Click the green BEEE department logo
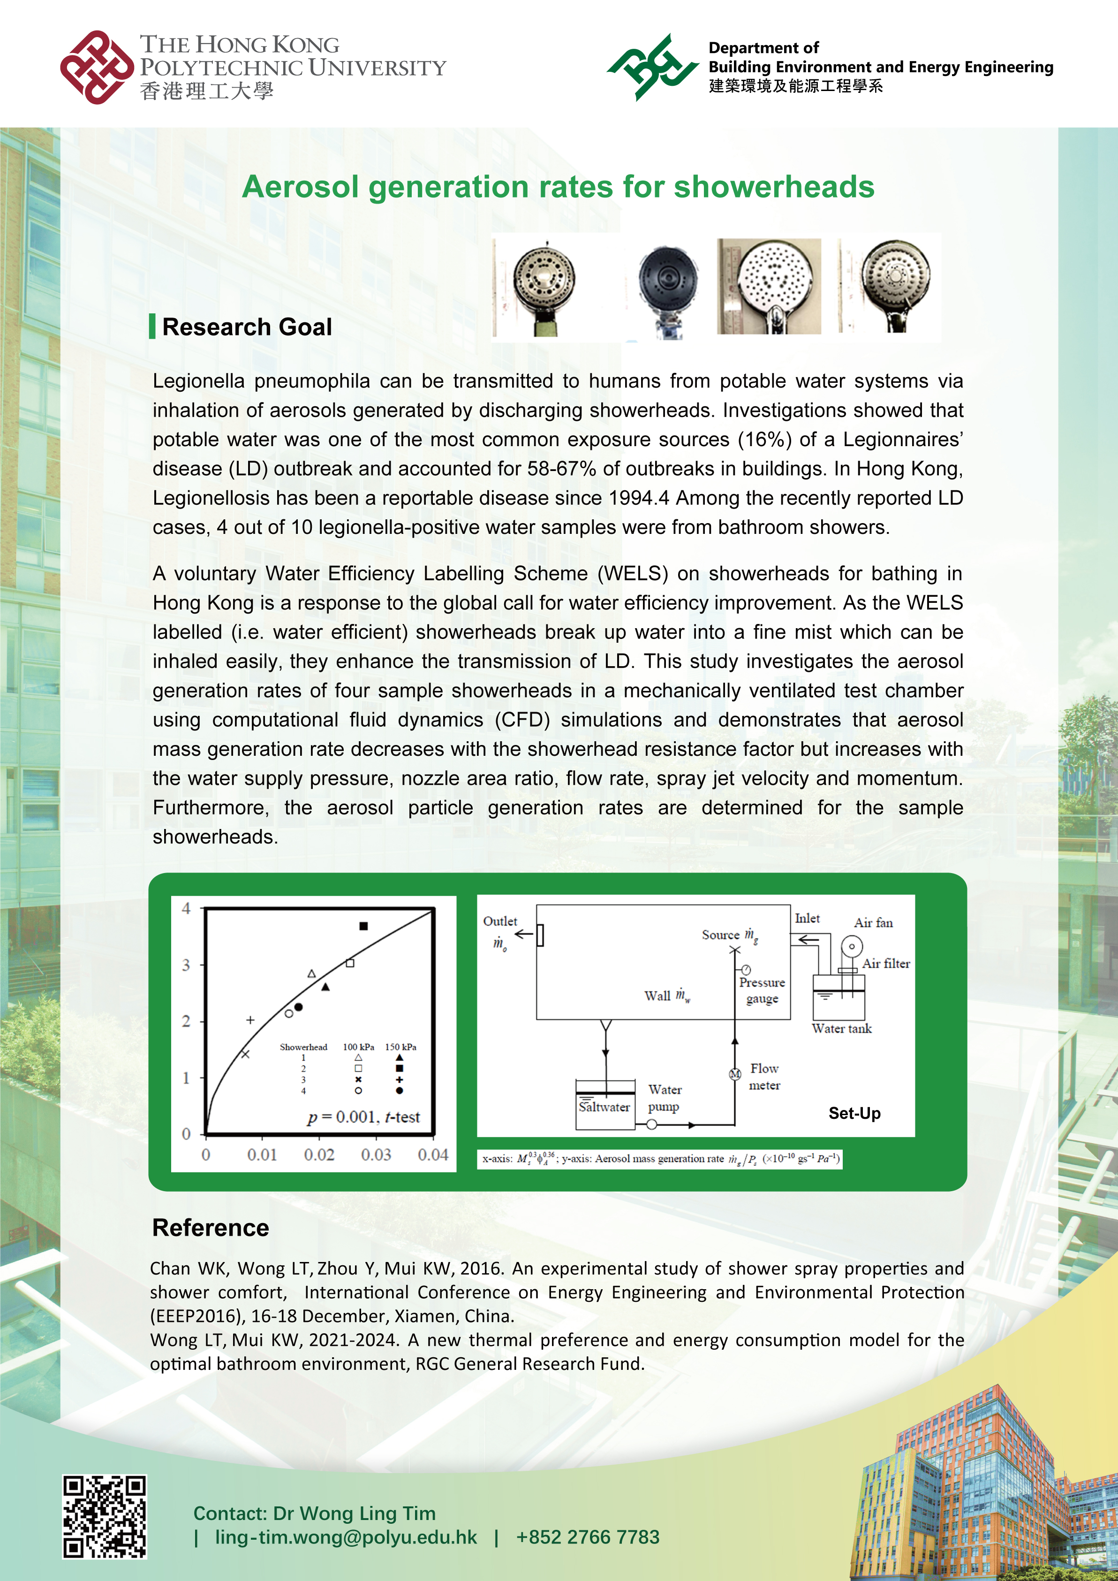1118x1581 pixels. tap(651, 67)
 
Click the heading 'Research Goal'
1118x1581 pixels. tap(247, 327)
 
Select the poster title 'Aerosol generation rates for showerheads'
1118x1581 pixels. tap(558, 187)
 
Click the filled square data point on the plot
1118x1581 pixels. tap(363, 926)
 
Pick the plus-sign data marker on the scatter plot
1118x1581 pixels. tap(250, 1020)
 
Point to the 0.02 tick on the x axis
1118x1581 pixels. tap(319, 1155)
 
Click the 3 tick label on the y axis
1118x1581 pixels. tap(186, 965)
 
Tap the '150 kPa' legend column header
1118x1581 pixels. tap(400, 1047)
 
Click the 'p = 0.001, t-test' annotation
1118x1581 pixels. tap(363, 1117)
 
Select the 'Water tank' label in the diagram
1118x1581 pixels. tap(841, 1029)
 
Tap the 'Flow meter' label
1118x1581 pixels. tap(764, 1076)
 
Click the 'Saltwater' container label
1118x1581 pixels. tap(604, 1107)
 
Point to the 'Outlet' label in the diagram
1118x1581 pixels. tap(500, 921)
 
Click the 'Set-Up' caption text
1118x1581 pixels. tap(854, 1113)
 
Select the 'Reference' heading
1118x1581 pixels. tap(211, 1228)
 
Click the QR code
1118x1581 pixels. tap(105, 1516)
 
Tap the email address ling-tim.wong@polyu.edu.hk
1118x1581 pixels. tap(346, 1537)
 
